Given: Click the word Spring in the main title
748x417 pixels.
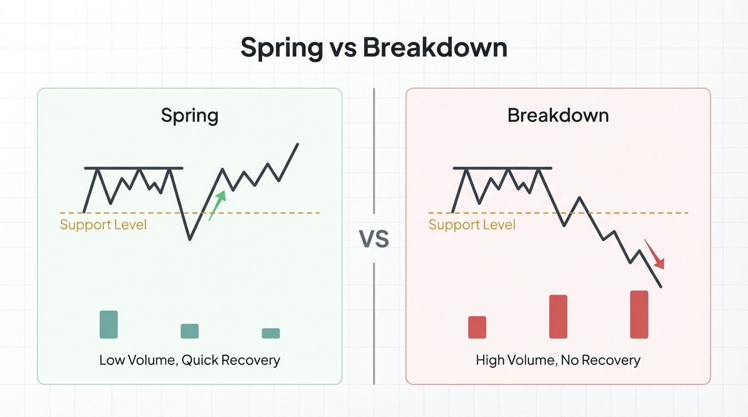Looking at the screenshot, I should click(x=282, y=48).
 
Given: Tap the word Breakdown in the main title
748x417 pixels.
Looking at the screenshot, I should click(x=435, y=48).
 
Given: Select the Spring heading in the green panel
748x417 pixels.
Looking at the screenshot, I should click(x=190, y=116).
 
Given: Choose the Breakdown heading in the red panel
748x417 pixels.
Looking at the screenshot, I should click(x=558, y=116).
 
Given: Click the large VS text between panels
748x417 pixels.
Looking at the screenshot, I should click(x=374, y=239).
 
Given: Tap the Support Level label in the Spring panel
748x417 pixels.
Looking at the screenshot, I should click(x=103, y=224).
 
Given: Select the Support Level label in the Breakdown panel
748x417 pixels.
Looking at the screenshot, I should click(x=472, y=224).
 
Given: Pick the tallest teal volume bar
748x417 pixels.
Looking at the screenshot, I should click(x=109, y=324).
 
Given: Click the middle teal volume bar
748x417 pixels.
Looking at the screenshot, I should click(x=190, y=331).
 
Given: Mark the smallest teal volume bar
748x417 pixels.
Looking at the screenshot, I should click(x=271, y=333).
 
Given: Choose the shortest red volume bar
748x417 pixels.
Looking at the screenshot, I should click(x=477, y=327).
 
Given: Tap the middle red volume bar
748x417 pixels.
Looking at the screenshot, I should click(x=558, y=317).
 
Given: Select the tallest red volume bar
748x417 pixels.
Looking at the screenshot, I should click(x=639, y=314).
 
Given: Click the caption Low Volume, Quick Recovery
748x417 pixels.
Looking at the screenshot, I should click(x=190, y=360).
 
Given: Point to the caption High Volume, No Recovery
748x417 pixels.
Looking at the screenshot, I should click(x=558, y=360).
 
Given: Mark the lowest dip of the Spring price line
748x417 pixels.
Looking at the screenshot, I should click(x=190, y=239).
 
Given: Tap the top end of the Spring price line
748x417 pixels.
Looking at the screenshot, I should click(x=298, y=144).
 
